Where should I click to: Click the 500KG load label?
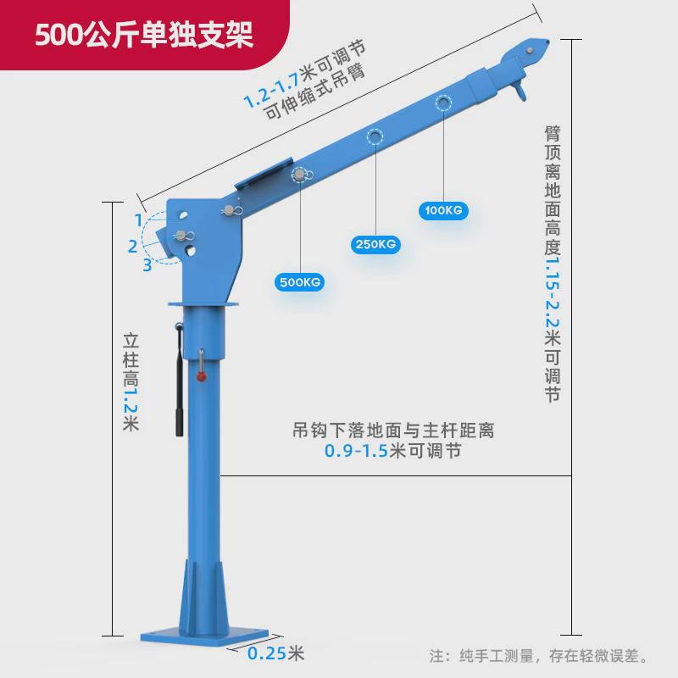(299, 281)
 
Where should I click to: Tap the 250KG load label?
(375, 245)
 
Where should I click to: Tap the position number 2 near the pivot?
(132, 247)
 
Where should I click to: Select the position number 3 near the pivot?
(147, 265)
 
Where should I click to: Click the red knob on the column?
(203, 377)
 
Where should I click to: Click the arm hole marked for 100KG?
(442, 103)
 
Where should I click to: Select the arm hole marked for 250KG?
(375, 136)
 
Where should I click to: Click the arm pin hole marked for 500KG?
(300, 175)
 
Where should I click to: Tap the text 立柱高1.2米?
(130, 382)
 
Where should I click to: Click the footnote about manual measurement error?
(539, 655)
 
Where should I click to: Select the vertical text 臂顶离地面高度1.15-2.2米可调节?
(553, 263)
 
